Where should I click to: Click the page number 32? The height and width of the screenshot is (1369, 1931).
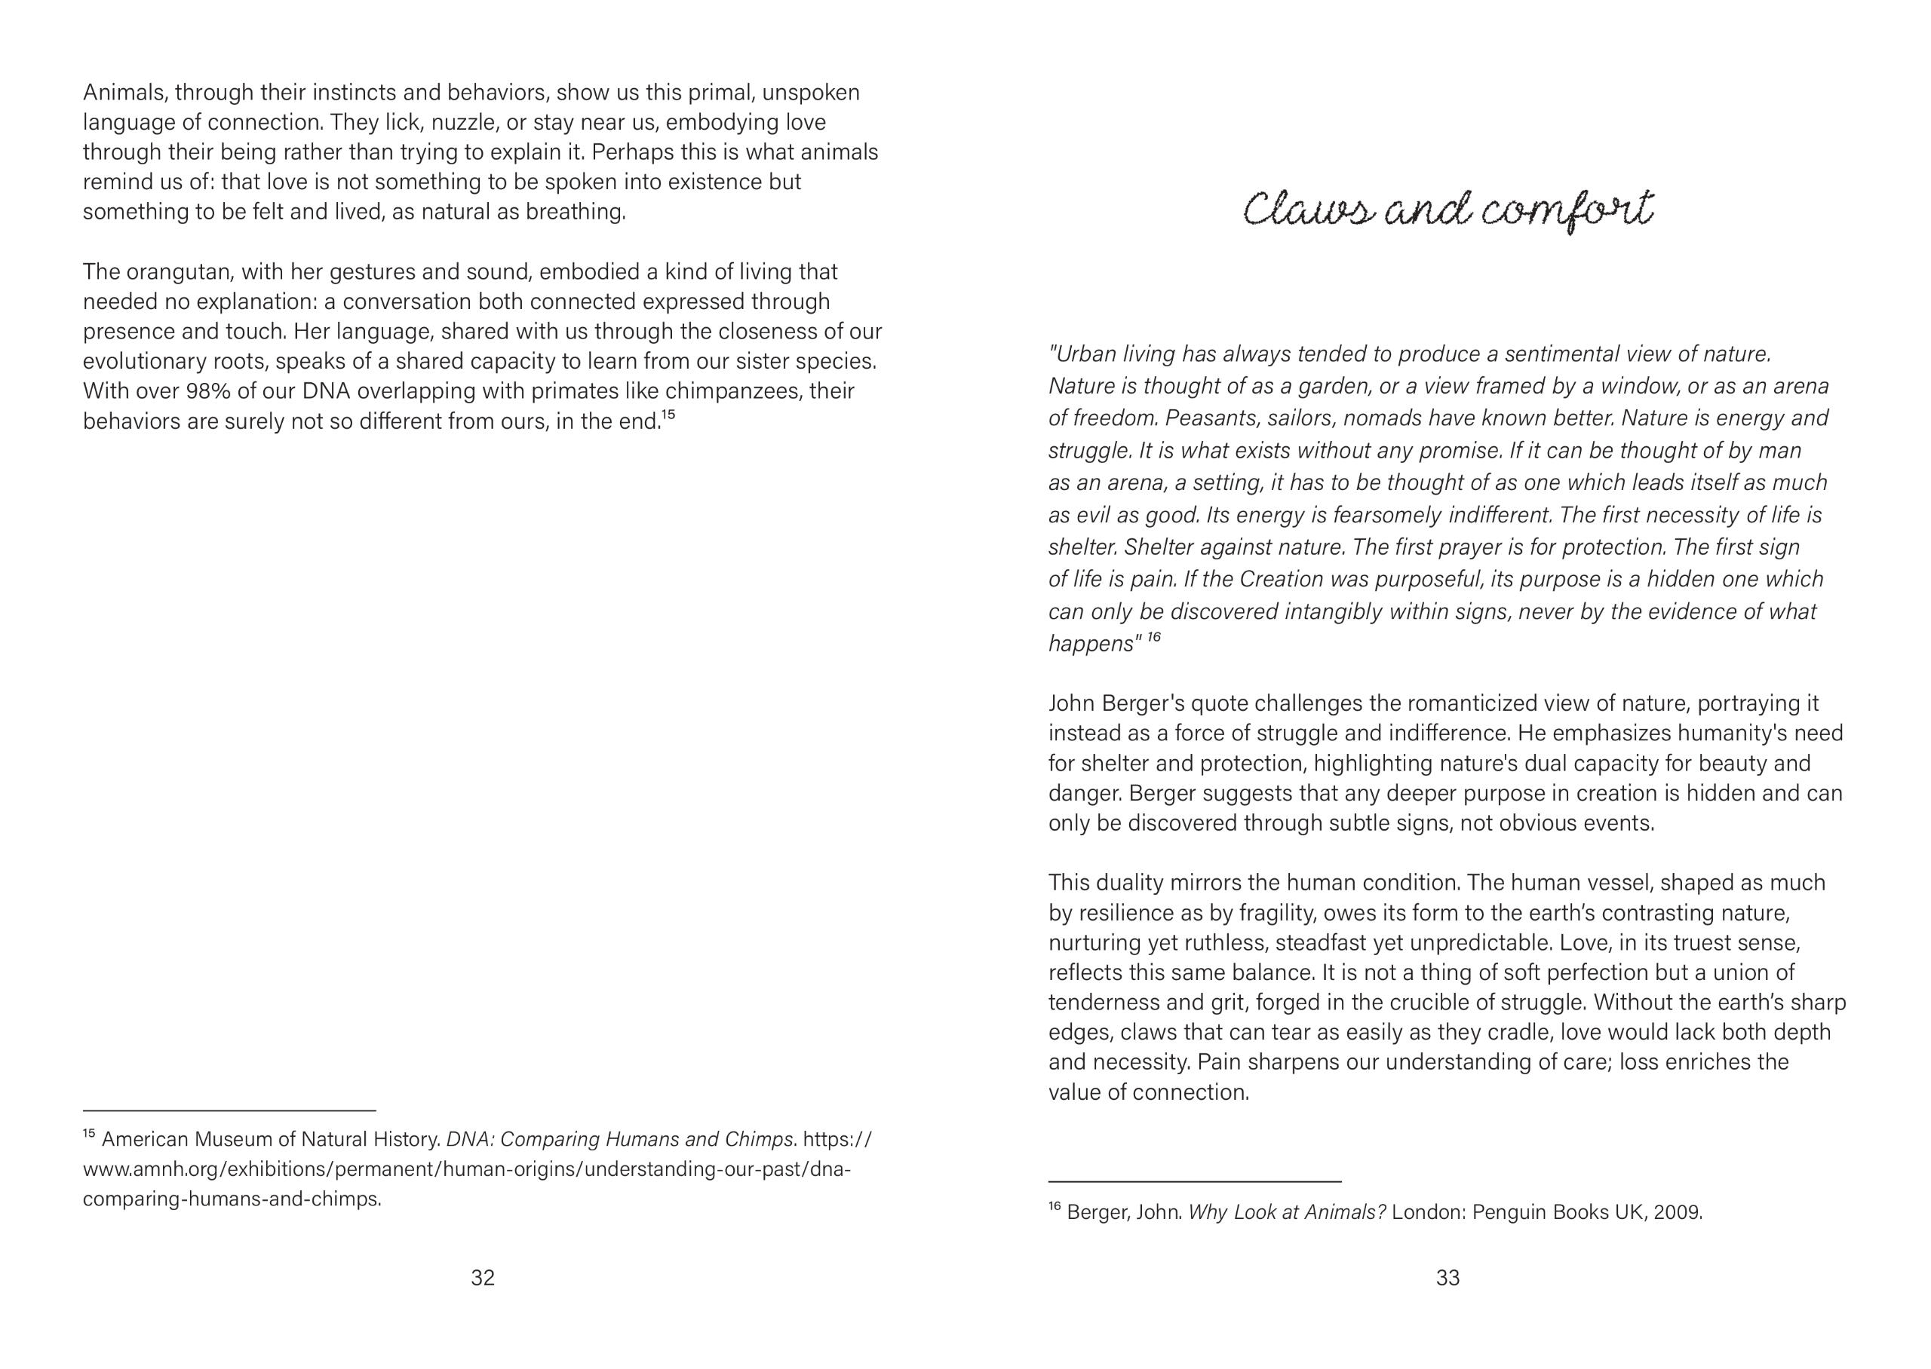click(x=482, y=1278)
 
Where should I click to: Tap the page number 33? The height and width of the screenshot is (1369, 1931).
click(x=1447, y=1278)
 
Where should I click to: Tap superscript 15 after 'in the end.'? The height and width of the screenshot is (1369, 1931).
click(x=668, y=414)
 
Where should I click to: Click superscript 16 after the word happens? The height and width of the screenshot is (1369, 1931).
click(x=1153, y=637)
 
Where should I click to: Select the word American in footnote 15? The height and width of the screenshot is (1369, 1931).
click(x=144, y=1140)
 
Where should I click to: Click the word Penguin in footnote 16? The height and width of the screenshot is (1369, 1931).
click(x=1509, y=1213)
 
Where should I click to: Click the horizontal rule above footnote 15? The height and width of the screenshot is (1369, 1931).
click(x=229, y=1111)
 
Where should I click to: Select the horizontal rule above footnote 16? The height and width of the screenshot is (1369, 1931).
click(x=1194, y=1182)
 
